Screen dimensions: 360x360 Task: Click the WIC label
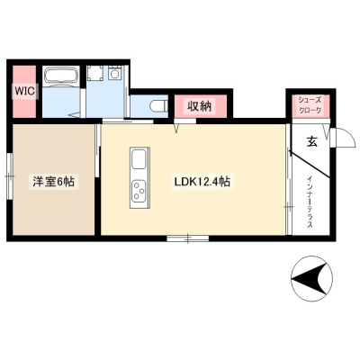[25, 91]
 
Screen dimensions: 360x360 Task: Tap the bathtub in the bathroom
[61, 76]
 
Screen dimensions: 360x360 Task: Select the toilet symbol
[158, 105]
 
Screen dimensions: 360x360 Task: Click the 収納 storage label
[200, 105]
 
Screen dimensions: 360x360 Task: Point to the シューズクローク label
[310, 104]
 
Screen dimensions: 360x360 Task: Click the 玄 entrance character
[311, 141]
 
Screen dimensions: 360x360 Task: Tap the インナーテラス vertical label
[310, 202]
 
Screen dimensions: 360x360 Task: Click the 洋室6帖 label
[54, 182]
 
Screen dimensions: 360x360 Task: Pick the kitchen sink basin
[139, 159]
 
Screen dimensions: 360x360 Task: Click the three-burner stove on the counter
[139, 191]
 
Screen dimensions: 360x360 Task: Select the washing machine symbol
[114, 73]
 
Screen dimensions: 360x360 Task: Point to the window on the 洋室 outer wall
[10, 175]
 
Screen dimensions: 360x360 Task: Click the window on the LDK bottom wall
[188, 238]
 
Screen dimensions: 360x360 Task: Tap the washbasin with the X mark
[95, 73]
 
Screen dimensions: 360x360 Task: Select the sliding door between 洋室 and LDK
[97, 150]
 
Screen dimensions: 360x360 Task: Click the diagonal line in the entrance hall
[310, 165]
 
